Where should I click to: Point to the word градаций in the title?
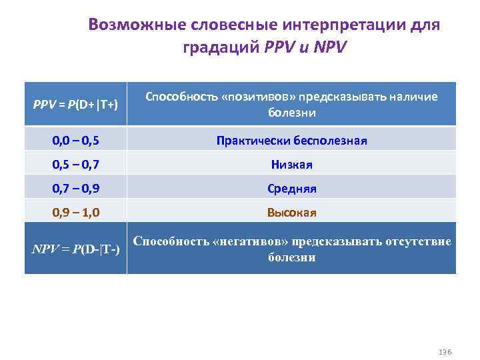point(221,48)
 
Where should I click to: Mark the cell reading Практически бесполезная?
point(291,141)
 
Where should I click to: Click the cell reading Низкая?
point(291,165)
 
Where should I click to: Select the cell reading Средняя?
point(291,189)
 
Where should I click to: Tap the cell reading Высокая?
point(291,213)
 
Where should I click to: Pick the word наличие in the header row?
point(413,97)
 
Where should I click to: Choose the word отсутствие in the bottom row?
point(418,241)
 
